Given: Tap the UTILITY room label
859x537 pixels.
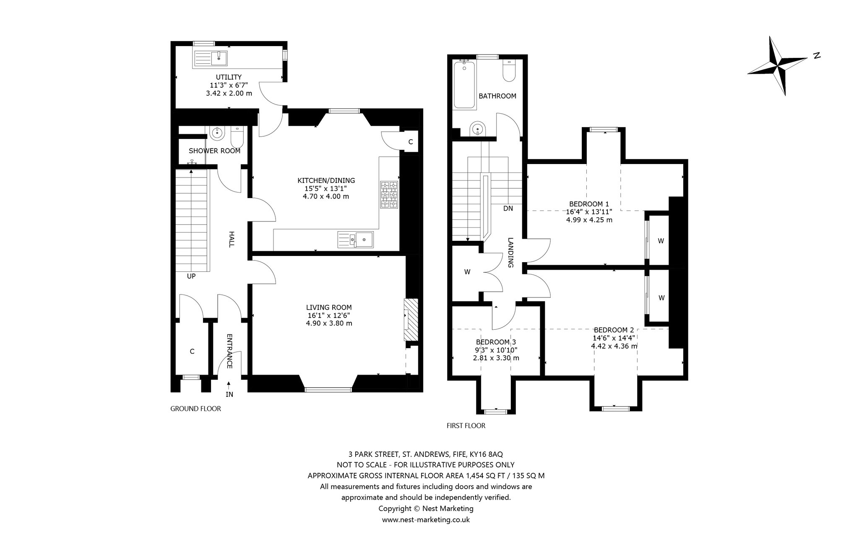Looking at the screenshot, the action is pyautogui.click(x=229, y=77).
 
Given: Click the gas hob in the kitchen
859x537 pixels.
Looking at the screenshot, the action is pyautogui.click(x=389, y=195).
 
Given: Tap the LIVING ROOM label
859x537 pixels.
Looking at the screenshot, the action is pyautogui.click(x=329, y=308).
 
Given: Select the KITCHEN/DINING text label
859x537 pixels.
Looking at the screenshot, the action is pyautogui.click(x=326, y=180).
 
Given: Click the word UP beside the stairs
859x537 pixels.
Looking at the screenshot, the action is pyautogui.click(x=191, y=276).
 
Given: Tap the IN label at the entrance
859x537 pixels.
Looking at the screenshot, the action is pyautogui.click(x=229, y=394).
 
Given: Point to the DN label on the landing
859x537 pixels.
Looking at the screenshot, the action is pyautogui.click(x=508, y=209).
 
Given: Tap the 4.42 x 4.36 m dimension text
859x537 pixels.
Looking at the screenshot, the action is pyautogui.click(x=614, y=346).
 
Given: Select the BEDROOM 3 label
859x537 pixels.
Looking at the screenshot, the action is pyautogui.click(x=496, y=342).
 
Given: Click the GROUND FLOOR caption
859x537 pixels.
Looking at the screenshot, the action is pyautogui.click(x=195, y=409).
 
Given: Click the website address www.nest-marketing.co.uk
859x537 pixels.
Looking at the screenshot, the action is pyautogui.click(x=426, y=520).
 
